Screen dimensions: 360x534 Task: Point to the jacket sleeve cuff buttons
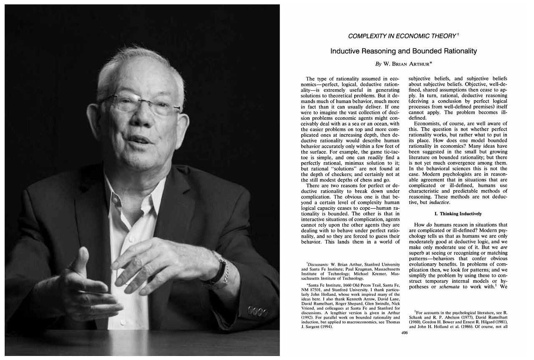255,311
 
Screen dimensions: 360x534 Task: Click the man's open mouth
138,139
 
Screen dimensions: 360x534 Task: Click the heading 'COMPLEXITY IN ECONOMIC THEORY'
402,36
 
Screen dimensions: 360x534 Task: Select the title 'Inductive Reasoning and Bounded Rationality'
403,51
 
